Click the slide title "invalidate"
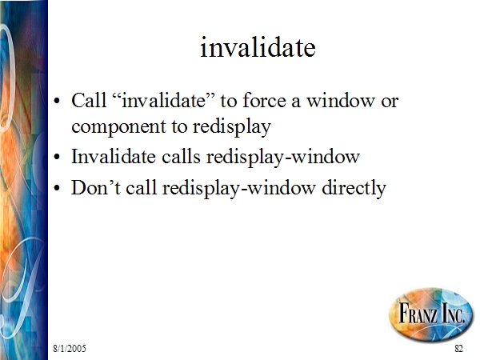click(x=258, y=47)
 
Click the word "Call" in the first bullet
click(x=89, y=100)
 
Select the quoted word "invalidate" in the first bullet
click(x=163, y=100)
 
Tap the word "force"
click(x=264, y=100)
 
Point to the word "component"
click(x=118, y=127)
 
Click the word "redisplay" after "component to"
click(x=232, y=126)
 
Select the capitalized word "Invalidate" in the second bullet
click(x=114, y=157)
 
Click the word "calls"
click(x=181, y=157)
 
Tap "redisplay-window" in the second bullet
click(x=283, y=158)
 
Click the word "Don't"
click(x=96, y=187)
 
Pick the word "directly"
click(x=354, y=188)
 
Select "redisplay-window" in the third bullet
click(x=238, y=188)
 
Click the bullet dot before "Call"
click(x=57, y=101)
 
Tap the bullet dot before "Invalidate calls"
click(x=57, y=157)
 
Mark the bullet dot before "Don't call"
click(x=57, y=188)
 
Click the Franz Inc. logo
click(x=431, y=314)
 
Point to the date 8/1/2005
click(x=70, y=348)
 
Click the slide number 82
click(x=458, y=348)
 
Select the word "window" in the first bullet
click(x=341, y=100)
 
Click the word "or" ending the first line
click(x=390, y=102)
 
